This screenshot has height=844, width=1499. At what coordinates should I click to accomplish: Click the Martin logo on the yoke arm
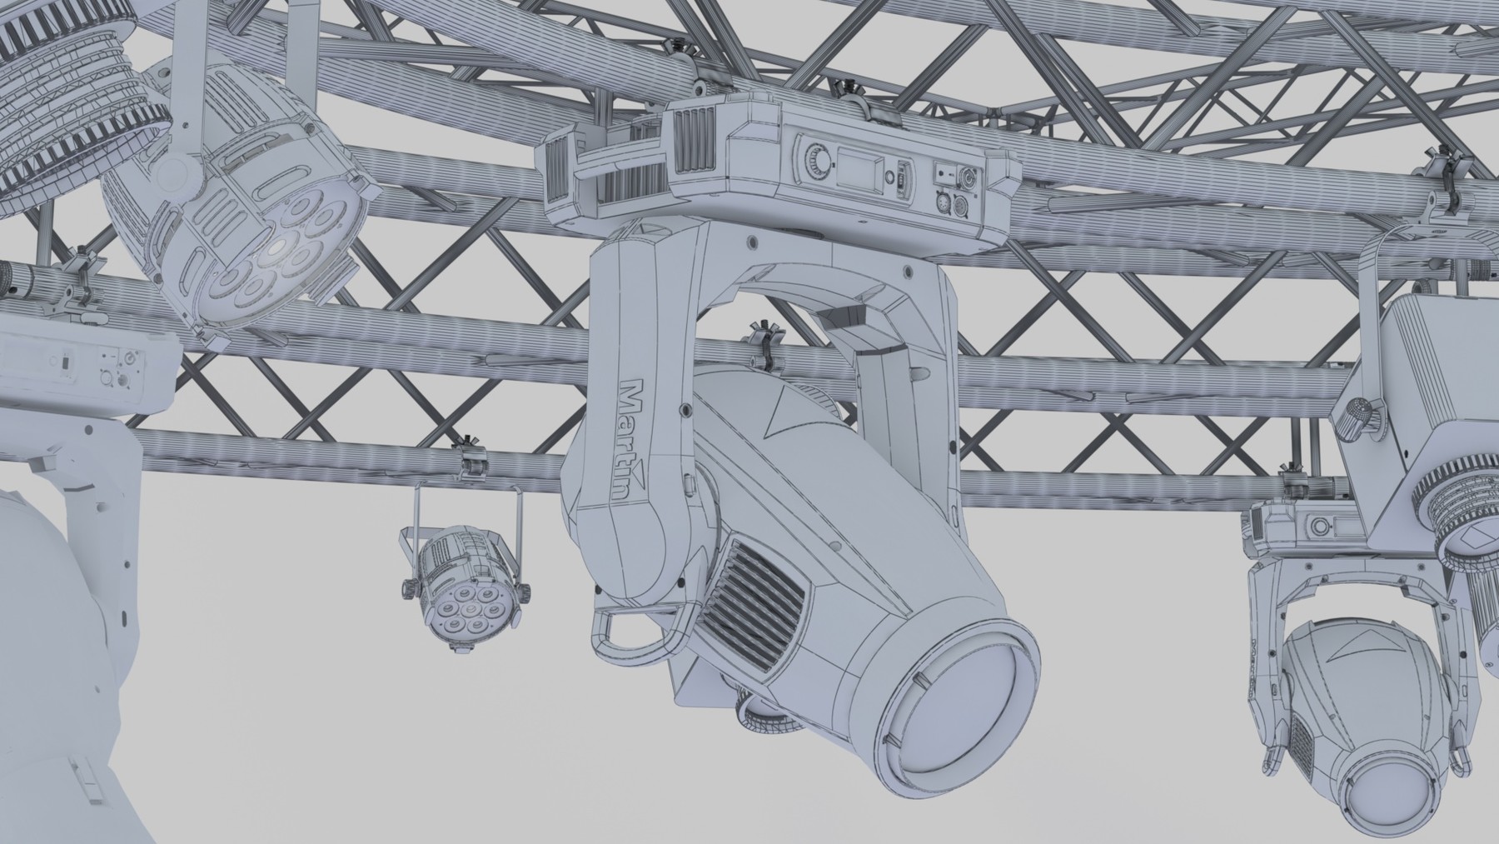(x=635, y=442)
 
